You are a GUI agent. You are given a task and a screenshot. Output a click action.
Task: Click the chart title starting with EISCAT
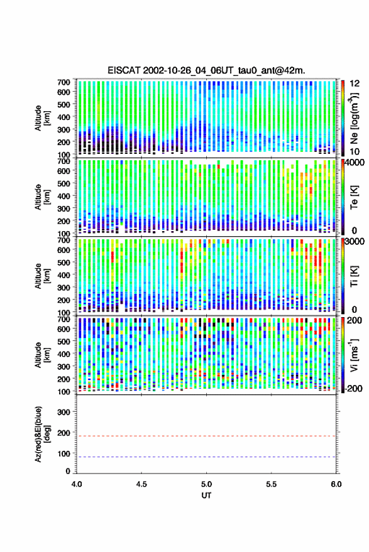(x=206, y=70)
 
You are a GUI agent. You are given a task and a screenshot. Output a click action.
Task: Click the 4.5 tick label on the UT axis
(x=141, y=484)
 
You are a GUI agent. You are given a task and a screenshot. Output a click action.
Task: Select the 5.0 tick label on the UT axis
(x=206, y=484)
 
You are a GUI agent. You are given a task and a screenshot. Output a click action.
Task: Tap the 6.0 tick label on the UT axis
(x=336, y=484)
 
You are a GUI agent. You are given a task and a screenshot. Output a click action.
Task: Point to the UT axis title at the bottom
(x=206, y=495)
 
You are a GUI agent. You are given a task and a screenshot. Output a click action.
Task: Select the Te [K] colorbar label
(x=354, y=197)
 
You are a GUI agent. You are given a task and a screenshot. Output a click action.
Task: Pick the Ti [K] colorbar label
(x=354, y=276)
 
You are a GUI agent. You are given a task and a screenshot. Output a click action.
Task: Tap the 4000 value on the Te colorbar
(x=355, y=163)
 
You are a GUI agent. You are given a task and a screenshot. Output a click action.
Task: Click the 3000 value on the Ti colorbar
(x=355, y=242)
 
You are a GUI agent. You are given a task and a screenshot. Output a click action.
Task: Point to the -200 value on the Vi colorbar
(x=353, y=388)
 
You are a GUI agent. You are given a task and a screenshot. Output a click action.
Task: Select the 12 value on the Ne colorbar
(x=355, y=84)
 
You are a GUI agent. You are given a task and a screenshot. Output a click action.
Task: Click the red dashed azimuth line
(x=206, y=436)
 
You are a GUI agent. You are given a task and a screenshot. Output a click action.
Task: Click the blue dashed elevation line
(x=206, y=457)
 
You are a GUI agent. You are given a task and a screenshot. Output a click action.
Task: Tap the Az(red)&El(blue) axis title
(x=42, y=434)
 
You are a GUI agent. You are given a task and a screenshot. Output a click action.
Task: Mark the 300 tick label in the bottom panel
(x=63, y=412)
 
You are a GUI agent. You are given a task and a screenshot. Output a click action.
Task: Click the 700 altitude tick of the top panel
(x=63, y=82)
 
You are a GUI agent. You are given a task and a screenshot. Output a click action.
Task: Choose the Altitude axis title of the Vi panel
(x=42, y=355)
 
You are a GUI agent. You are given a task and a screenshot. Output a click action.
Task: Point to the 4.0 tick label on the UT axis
(x=77, y=484)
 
